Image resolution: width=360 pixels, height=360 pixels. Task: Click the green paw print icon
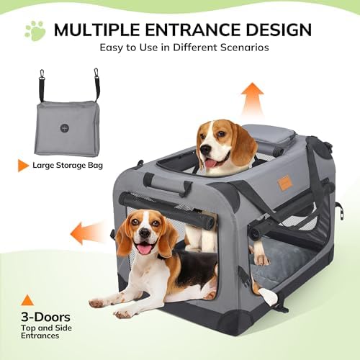[x=35, y=31]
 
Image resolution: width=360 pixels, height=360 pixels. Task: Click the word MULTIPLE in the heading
[x=96, y=30]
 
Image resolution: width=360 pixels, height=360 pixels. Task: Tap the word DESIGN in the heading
[x=276, y=30]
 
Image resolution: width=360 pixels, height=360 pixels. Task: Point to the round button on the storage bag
[x=65, y=127]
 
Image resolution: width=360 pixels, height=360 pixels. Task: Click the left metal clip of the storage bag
[x=42, y=74]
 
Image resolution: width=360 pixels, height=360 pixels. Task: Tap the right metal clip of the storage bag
[x=96, y=73]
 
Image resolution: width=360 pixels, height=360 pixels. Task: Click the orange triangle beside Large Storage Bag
[x=23, y=166]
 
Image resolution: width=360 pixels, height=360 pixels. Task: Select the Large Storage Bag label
[x=68, y=166]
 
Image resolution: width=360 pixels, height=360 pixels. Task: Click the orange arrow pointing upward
[x=252, y=100]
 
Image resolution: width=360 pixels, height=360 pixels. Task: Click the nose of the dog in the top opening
[x=206, y=150]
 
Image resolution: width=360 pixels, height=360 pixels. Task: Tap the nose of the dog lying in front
[x=145, y=233]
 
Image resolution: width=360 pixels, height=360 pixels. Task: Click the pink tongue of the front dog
[x=145, y=249]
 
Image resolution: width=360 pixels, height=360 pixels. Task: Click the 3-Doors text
[x=45, y=317]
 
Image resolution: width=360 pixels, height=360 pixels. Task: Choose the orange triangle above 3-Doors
[x=27, y=300]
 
